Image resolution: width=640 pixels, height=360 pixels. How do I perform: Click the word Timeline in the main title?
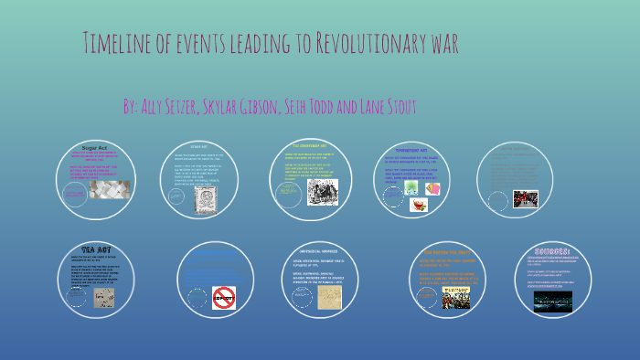coord(118,43)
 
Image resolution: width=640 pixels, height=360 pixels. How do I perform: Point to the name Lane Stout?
coord(388,107)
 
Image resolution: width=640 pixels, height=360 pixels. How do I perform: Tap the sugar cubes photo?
coord(109,189)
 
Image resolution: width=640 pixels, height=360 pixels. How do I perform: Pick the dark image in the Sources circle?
coord(552,302)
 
